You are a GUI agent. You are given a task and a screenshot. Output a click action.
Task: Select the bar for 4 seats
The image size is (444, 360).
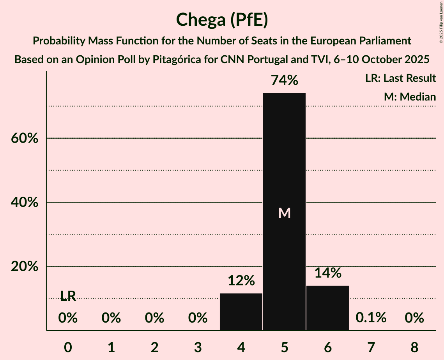[241, 312]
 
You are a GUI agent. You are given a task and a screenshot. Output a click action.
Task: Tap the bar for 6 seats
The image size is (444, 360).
[327, 308]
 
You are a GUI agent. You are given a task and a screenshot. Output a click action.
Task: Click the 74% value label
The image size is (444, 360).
[285, 81]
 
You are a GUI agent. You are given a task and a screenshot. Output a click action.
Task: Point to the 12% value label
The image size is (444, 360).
[241, 281]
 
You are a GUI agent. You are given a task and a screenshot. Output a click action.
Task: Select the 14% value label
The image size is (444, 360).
[328, 273]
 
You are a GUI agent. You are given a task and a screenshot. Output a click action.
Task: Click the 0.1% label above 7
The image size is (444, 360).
[371, 318]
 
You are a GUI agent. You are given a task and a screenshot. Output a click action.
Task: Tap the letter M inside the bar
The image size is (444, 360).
[285, 213]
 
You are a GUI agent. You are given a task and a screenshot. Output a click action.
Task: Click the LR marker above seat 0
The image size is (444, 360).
[68, 296]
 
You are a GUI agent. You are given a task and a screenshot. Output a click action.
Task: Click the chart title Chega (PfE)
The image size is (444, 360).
[222, 20]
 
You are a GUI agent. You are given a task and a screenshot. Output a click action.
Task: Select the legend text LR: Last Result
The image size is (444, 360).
[400, 78]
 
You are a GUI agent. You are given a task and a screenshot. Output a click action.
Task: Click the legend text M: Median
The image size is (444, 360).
[410, 97]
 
